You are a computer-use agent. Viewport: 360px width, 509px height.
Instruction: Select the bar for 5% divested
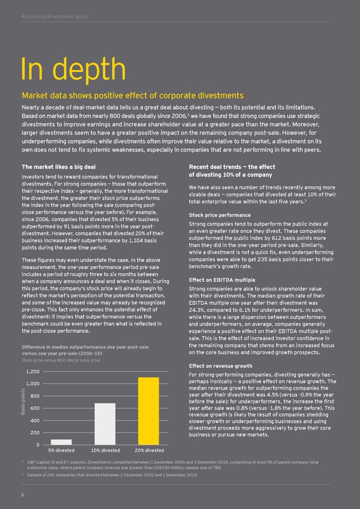(61, 442)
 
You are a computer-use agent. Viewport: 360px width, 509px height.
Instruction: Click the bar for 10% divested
(104, 423)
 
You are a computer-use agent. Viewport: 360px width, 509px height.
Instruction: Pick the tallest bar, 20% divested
(148, 402)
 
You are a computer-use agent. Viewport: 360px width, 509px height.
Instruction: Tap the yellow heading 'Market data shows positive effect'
(132, 95)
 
